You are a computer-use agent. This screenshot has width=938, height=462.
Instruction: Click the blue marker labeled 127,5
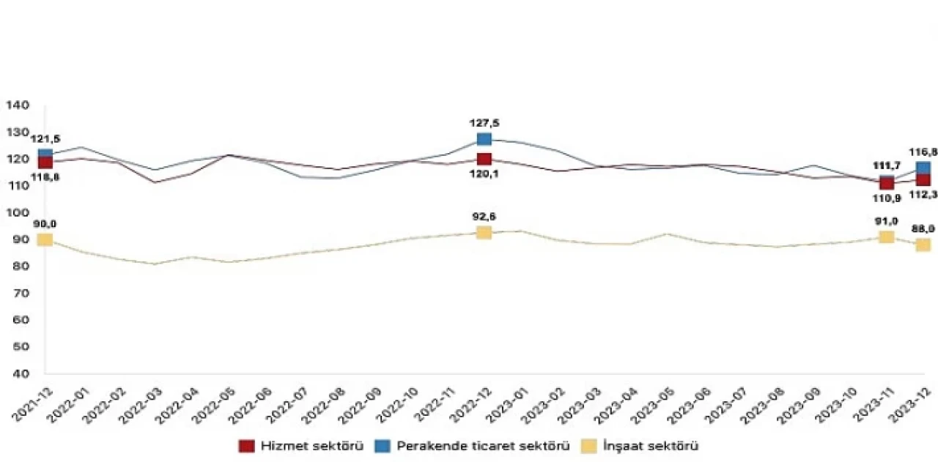click(x=484, y=139)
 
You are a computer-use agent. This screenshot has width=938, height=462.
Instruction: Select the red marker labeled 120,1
click(x=484, y=159)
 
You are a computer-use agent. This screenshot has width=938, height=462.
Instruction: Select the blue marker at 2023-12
click(x=923, y=168)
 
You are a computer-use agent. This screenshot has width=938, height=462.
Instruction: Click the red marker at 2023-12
click(x=923, y=180)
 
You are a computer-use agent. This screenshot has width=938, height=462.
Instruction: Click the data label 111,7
click(x=887, y=166)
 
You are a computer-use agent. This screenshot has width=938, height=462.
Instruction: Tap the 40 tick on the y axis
click(x=21, y=373)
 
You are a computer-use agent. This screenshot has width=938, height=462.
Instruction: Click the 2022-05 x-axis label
click(x=213, y=403)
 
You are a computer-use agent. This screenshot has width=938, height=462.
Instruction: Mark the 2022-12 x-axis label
click(x=468, y=403)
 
